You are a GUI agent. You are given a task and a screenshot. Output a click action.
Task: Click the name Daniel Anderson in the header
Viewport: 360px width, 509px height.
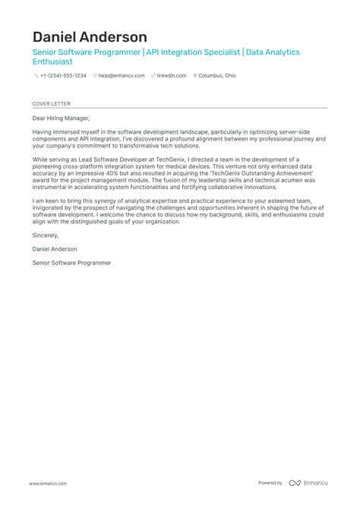90,36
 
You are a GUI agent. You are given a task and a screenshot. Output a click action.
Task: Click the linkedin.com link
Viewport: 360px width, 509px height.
171,76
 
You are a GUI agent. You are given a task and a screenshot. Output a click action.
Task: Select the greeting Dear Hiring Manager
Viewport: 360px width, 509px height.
61,118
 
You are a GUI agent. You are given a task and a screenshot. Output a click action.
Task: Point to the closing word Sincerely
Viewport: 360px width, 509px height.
46,236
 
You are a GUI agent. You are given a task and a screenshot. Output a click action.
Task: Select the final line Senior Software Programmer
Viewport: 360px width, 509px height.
71,262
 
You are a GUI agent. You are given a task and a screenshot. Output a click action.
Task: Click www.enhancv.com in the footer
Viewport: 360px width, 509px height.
49,483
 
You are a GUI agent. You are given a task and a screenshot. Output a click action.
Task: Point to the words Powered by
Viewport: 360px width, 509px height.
270,483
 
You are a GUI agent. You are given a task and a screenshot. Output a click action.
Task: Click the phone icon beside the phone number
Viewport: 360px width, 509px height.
35,76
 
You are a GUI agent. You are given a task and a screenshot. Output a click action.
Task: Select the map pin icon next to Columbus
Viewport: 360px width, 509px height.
196,76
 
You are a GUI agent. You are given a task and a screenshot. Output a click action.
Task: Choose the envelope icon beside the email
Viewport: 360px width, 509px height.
95,76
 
